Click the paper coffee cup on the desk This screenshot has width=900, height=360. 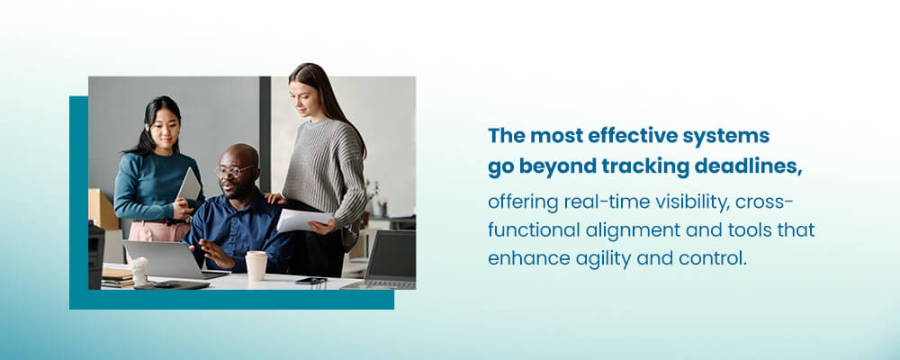[x=256, y=265]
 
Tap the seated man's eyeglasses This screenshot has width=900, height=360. [x=234, y=171]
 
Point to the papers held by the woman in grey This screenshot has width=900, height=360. [x=304, y=220]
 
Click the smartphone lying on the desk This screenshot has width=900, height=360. [x=311, y=281]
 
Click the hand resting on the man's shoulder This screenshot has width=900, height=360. [x=275, y=198]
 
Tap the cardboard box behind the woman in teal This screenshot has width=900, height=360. [x=103, y=209]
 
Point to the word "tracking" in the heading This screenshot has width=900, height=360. [x=645, y=167]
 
